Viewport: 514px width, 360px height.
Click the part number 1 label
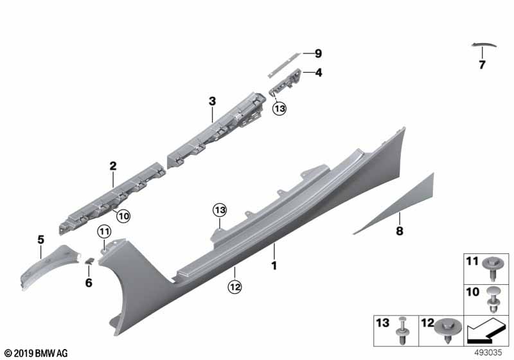(x=274, y=265)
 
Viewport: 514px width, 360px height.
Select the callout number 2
(x=112, y=166)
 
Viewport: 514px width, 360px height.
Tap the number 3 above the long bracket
(x=212, y=101)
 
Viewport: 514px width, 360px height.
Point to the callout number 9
(x=317, y=53)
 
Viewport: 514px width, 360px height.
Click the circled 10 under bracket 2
(x=123, y=217)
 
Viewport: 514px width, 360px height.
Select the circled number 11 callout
(x=104, y=231)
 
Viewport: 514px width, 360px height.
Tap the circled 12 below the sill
(x=235, y=289)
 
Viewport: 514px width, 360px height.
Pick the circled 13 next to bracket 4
(x=278, y=109)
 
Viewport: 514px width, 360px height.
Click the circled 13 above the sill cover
(x=220, y=210)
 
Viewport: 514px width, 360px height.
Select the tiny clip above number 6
(x=91, y=260)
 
